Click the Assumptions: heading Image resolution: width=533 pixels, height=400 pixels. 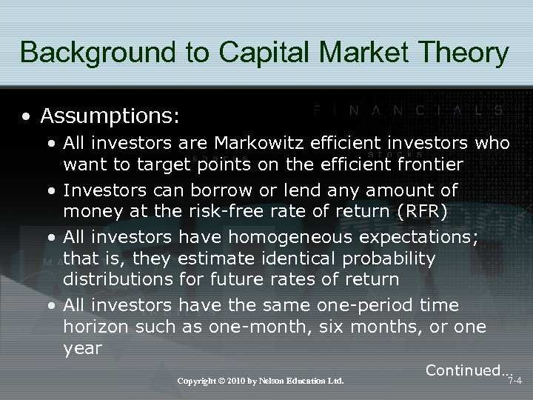(x=110, y=116)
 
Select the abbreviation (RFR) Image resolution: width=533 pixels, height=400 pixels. (x=421, y=212)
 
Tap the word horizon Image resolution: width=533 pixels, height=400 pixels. (x=92, y=327)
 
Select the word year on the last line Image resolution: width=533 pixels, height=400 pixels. (x=81, y=348)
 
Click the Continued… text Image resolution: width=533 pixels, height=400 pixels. (x=468, y=370)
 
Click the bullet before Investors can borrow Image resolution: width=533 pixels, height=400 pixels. (x=53, y=191)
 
